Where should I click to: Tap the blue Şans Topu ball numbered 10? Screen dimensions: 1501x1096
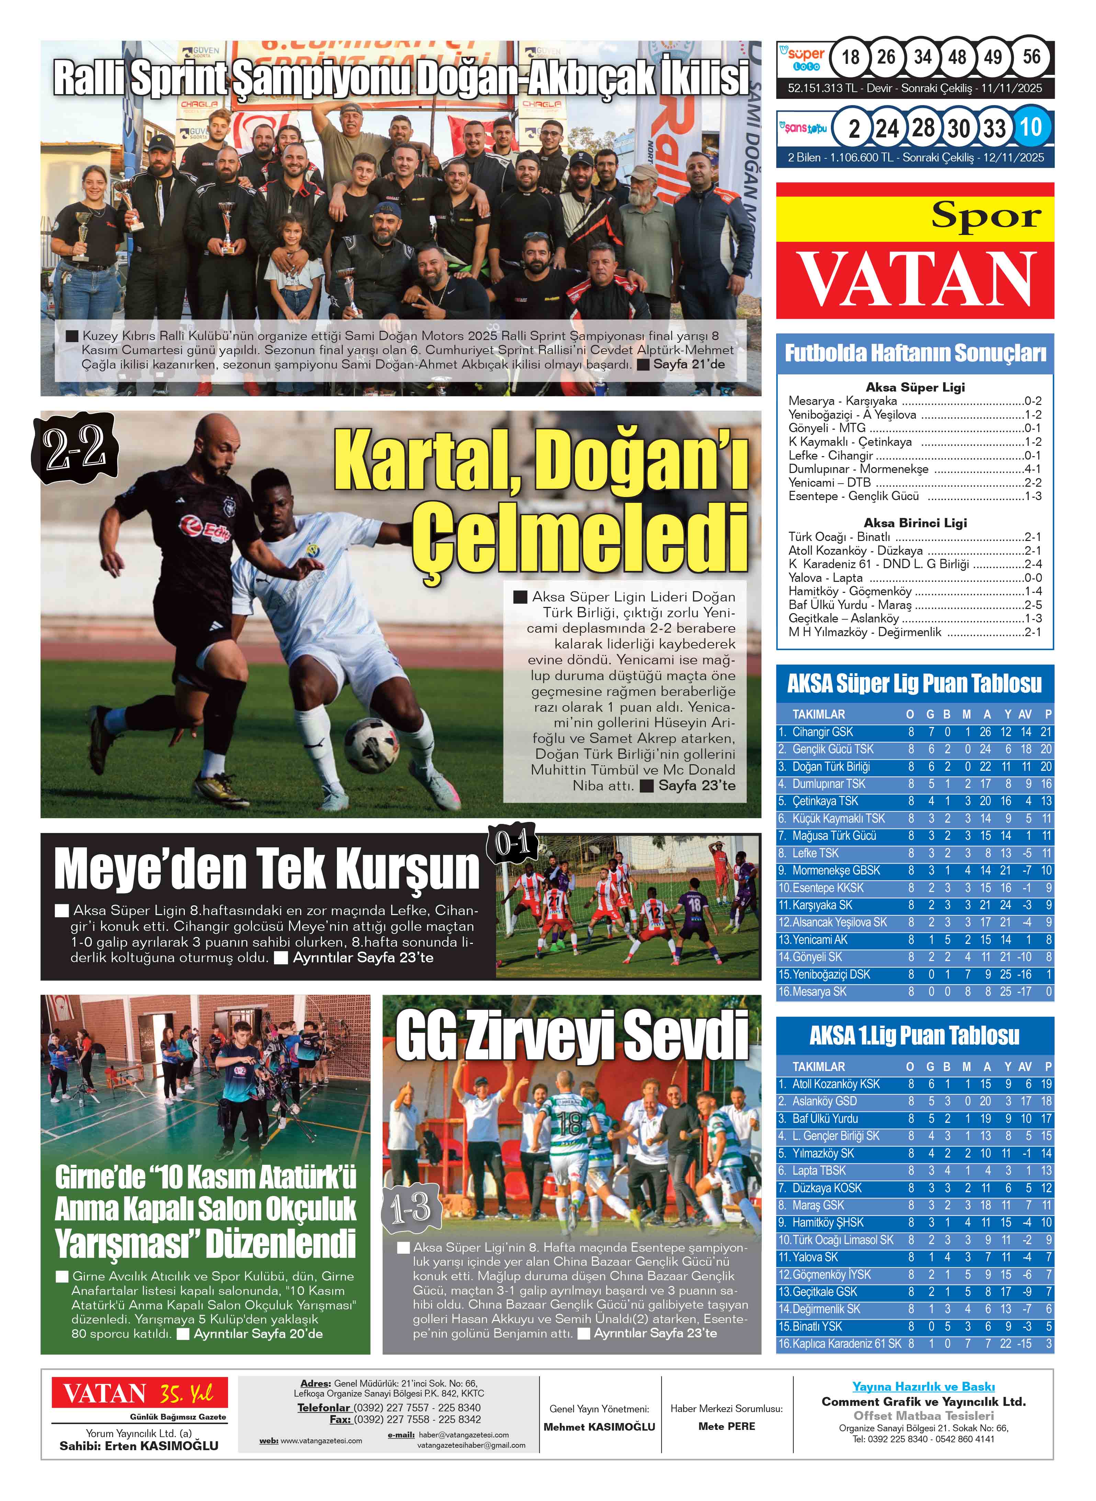(1032, 127)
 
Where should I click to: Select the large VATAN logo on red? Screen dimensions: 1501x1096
(916, 279)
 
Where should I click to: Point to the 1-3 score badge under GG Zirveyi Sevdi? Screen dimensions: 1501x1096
(411, 1208)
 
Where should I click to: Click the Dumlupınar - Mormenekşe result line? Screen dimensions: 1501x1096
(914, 469)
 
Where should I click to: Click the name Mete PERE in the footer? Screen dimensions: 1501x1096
(726, 1426)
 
